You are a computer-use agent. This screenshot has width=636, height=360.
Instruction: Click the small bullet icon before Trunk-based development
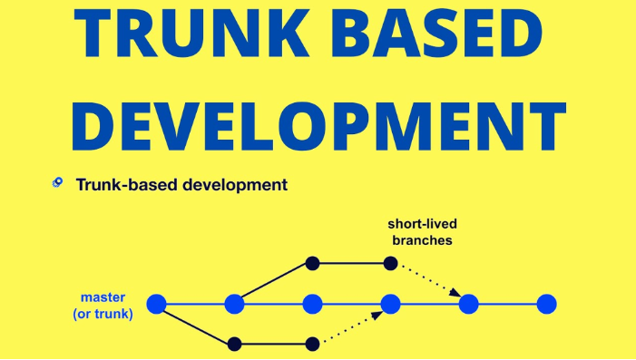point(57,183)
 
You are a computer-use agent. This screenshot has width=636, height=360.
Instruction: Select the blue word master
point(103,297)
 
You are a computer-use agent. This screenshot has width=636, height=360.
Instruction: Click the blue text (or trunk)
point(103,314)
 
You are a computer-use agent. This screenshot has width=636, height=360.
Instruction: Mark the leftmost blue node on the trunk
point(157,305)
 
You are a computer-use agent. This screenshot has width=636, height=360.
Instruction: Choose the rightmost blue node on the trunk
point(546,305)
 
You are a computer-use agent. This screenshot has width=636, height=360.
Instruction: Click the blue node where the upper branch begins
point(235,305)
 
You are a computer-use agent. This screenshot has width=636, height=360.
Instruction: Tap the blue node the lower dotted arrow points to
point(390,305)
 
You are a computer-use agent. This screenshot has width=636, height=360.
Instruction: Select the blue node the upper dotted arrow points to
point(468,305)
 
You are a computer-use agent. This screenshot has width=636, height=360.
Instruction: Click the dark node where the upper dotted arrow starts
point(390,264)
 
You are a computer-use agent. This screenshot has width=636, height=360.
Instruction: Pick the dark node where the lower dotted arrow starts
point(313,344)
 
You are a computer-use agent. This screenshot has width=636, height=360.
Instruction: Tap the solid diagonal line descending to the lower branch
point(195,324)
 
